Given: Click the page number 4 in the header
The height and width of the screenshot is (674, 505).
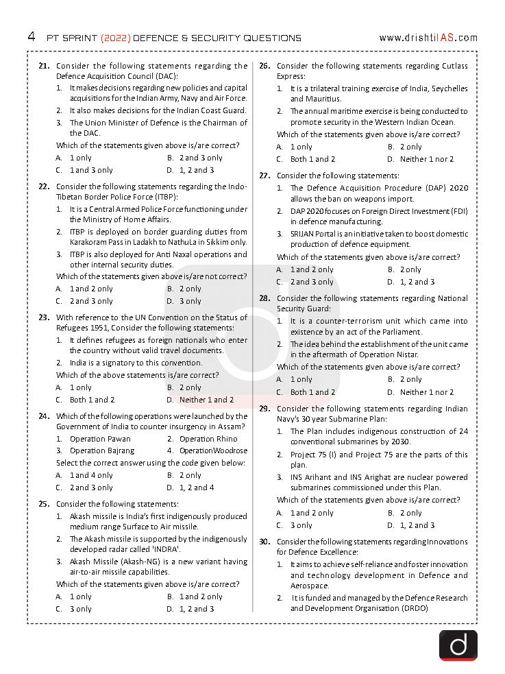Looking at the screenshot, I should click(x=31, y=36).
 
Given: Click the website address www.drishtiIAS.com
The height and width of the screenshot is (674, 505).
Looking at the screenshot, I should click(x=428, y=38).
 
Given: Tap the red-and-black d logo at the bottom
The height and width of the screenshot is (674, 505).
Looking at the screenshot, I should click(x=458, y=645).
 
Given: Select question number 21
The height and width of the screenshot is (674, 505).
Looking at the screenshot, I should click(x=44, y=66).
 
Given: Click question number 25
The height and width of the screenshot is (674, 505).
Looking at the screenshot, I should click(x=44, y=504).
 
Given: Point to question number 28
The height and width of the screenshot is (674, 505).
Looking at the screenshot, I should click(x=264, y=298).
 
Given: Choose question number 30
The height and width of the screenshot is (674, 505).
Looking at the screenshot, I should click(x=264, y=542).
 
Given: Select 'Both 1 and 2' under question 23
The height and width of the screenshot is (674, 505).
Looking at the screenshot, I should click(x=92, y=400).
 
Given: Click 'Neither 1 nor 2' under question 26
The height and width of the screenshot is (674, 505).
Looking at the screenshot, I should click(x=426, y=159).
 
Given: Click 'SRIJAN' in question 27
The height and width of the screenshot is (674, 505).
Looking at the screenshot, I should click(x=303, y=234).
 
